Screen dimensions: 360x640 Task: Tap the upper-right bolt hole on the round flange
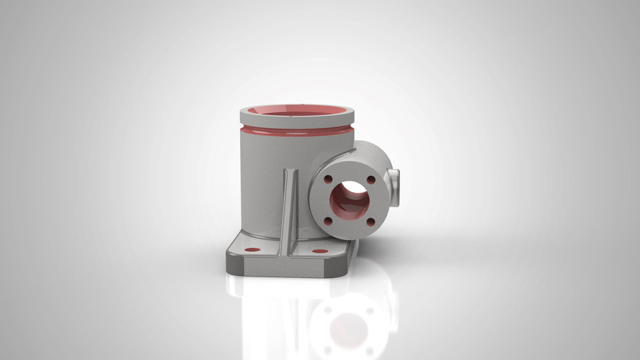(371, 179)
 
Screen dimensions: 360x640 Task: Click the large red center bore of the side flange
(349, 200)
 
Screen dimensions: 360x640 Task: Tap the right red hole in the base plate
(320, 251)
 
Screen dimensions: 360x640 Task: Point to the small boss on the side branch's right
(395, 180)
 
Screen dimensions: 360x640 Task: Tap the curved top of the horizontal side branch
(370, 150)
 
